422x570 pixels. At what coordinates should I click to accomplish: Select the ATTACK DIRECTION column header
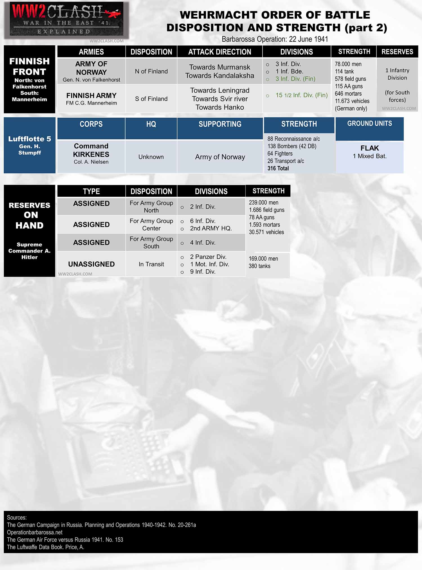219,52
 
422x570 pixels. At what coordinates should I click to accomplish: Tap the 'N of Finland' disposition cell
151,71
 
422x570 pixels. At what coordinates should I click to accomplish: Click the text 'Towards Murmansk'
219,67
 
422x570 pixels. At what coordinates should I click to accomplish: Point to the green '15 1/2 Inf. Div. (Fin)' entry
301,95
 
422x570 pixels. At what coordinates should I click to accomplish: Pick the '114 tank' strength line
344,71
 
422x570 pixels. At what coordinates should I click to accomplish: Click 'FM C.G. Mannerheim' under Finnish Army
91,103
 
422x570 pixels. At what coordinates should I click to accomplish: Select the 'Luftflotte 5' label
30,139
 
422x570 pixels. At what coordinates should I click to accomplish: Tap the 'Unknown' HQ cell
151,157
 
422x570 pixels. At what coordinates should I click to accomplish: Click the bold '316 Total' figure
278,168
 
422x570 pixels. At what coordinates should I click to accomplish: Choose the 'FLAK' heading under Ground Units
369,148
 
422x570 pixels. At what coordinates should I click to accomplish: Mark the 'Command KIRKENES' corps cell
91,150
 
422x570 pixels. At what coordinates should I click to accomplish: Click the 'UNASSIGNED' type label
91,264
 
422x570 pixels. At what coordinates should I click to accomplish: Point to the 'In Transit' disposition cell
151,264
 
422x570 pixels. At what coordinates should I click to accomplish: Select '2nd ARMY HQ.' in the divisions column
211,228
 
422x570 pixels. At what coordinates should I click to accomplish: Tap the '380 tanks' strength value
259,266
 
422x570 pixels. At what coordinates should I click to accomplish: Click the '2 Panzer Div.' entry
208,257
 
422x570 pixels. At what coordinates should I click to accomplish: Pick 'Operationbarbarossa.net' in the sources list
35,532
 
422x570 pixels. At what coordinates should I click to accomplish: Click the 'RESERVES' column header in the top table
397,52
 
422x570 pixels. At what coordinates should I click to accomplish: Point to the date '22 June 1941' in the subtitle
308,39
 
